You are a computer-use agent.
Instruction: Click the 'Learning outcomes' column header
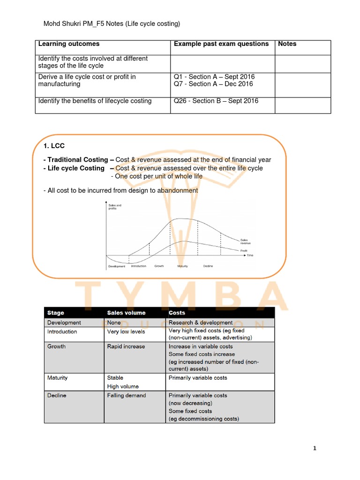pos(69,44)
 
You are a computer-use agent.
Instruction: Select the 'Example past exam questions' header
pos(221,44)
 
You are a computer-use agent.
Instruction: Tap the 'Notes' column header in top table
pos(287,44)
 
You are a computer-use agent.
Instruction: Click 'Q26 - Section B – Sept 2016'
pos(216,101)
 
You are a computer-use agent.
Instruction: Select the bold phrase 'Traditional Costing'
pos(77,160)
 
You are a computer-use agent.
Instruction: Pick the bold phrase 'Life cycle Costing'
pos(76,168)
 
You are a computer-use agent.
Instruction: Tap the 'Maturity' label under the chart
pos(183,266)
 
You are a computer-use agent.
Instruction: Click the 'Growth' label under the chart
pos(159,266)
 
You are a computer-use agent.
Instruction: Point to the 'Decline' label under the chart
pos(208,266)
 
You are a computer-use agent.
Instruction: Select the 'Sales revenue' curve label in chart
pos(247,241)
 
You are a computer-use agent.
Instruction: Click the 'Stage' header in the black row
pos(56,313)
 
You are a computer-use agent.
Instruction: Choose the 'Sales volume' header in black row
pos(126,313)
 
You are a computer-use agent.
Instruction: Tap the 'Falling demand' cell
pos(126,395)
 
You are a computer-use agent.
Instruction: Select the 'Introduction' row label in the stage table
pos(62,331)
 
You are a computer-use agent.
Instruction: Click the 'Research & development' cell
pos(200,322)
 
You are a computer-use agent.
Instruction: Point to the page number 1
pos(315,449)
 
